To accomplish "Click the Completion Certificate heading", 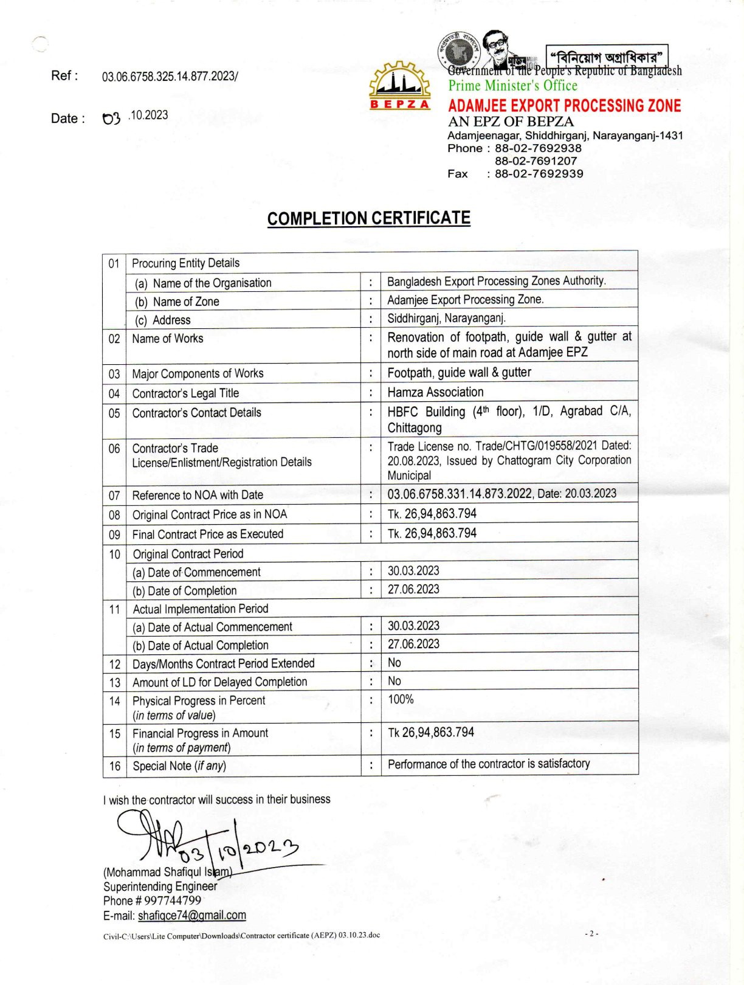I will [x=368, y=218].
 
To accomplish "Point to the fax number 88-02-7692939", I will [x=539, y=174].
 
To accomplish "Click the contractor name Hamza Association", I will [x=435, y=392].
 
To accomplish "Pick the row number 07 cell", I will [x=114, y=496].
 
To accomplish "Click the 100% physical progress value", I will [x=401, y=699].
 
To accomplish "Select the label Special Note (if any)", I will [x=179, y=766].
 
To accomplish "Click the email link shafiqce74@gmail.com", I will [x=191, y=915].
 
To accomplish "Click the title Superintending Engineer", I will [x=160, y=886].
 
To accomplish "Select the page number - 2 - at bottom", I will [x=591, y=933].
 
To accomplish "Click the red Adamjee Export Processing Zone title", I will [x=564, y=106].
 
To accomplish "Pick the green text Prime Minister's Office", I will [x=512, y=86].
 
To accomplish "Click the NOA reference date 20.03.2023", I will [x=590, y=493].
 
